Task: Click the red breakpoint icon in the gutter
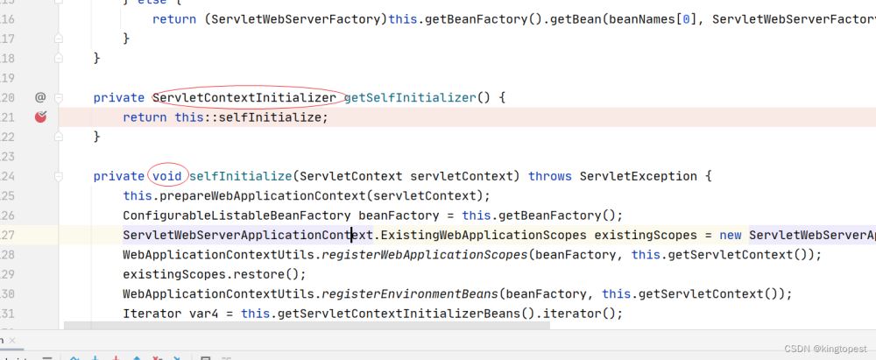(40, 117)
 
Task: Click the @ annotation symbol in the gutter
(40, 97)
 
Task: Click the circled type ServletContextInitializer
(245, 98)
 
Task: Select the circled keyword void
(167, 176)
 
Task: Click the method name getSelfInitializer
(409, 98)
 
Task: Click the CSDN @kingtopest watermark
(824, 349)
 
